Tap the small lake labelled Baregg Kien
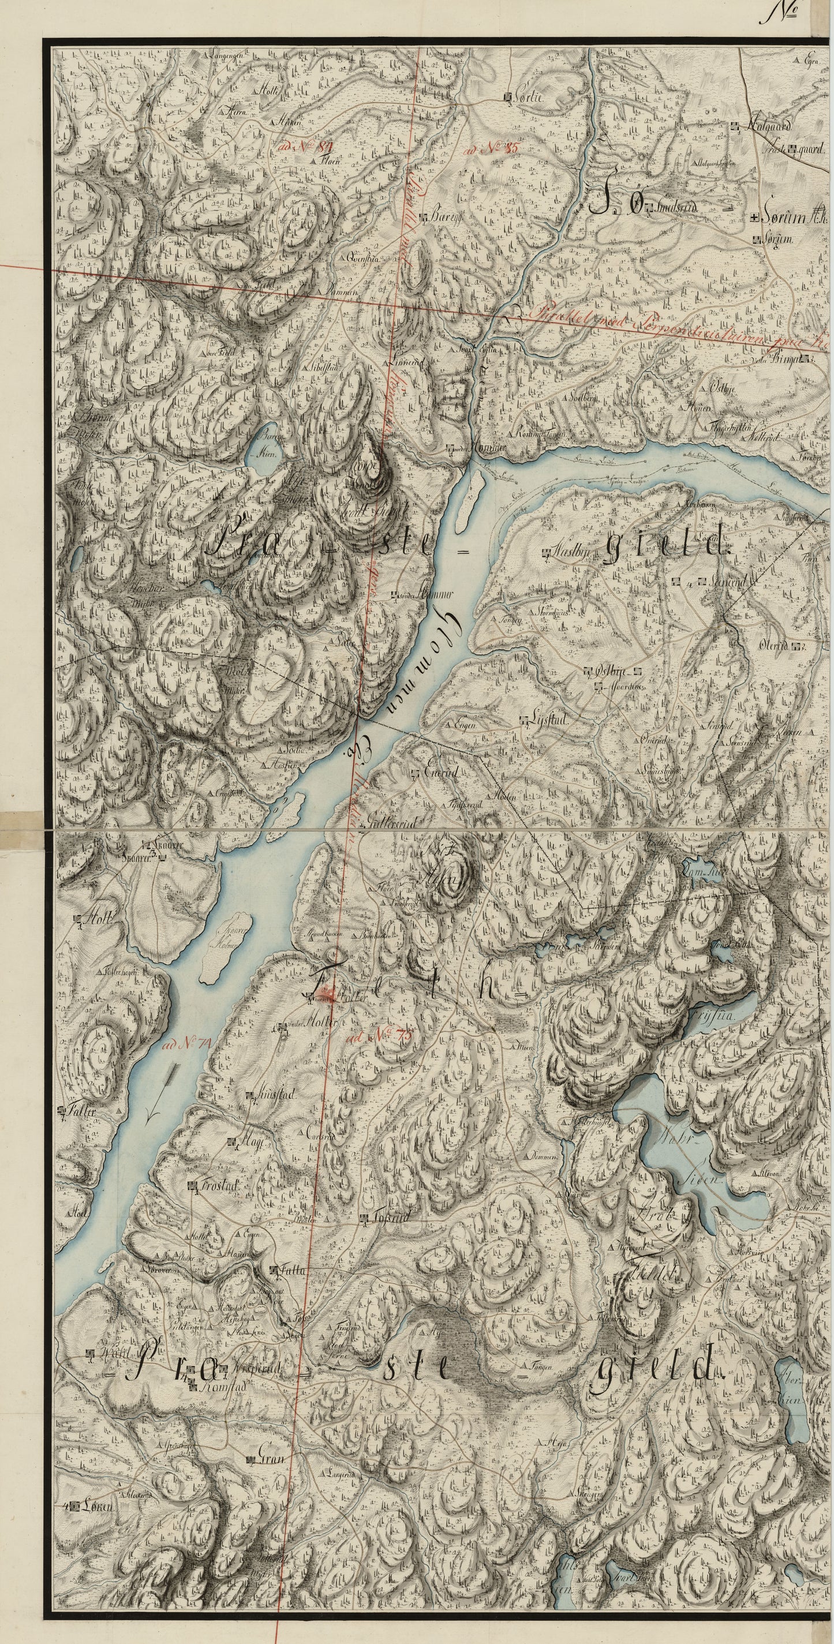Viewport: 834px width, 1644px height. pyautogui.click(x=266, y=451)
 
